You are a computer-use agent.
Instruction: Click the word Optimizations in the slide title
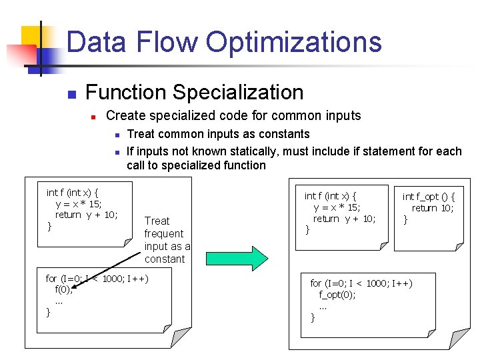click(x=293, y=42)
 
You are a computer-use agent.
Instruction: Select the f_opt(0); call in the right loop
click(x=337, y=295)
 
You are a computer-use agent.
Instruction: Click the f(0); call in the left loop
click(x=63, y=290)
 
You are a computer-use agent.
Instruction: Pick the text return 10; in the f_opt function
click(x=433, y=208)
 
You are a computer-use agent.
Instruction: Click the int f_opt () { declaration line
click(x=429, y=197)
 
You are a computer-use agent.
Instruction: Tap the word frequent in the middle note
click(x=163, y=233)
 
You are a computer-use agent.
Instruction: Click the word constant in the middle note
click(x=164, y=259)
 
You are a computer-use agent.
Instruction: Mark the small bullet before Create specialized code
click(x=94, y=117)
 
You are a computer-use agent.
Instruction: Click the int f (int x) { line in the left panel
click(x=73, y=193)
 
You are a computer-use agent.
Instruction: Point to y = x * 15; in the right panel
click(x=337, y=207)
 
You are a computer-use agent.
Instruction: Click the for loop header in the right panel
click(x=361, y=283)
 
